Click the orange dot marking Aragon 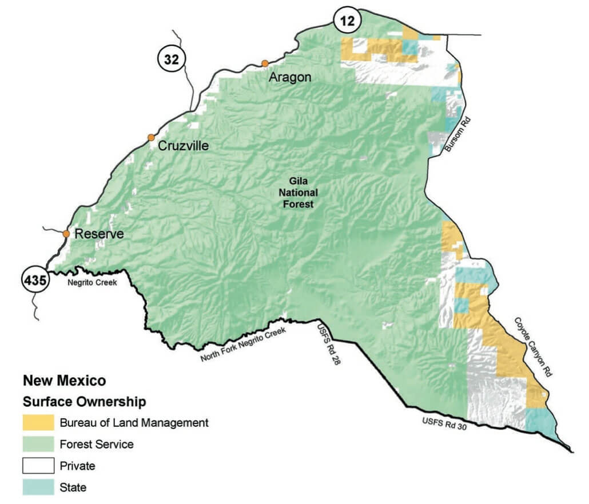(x=265, y=63)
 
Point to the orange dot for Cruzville (x=151, y=137)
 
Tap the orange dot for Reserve (x=66, y=234)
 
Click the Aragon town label (x=290, y=77)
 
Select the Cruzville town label (x=183, y=146)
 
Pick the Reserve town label (x=99, y=234)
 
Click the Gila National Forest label (x=301, y=194)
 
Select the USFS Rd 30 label (x=440, y=424)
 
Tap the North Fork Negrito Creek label (x=242, y=345)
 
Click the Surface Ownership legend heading (x=84, y=401)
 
